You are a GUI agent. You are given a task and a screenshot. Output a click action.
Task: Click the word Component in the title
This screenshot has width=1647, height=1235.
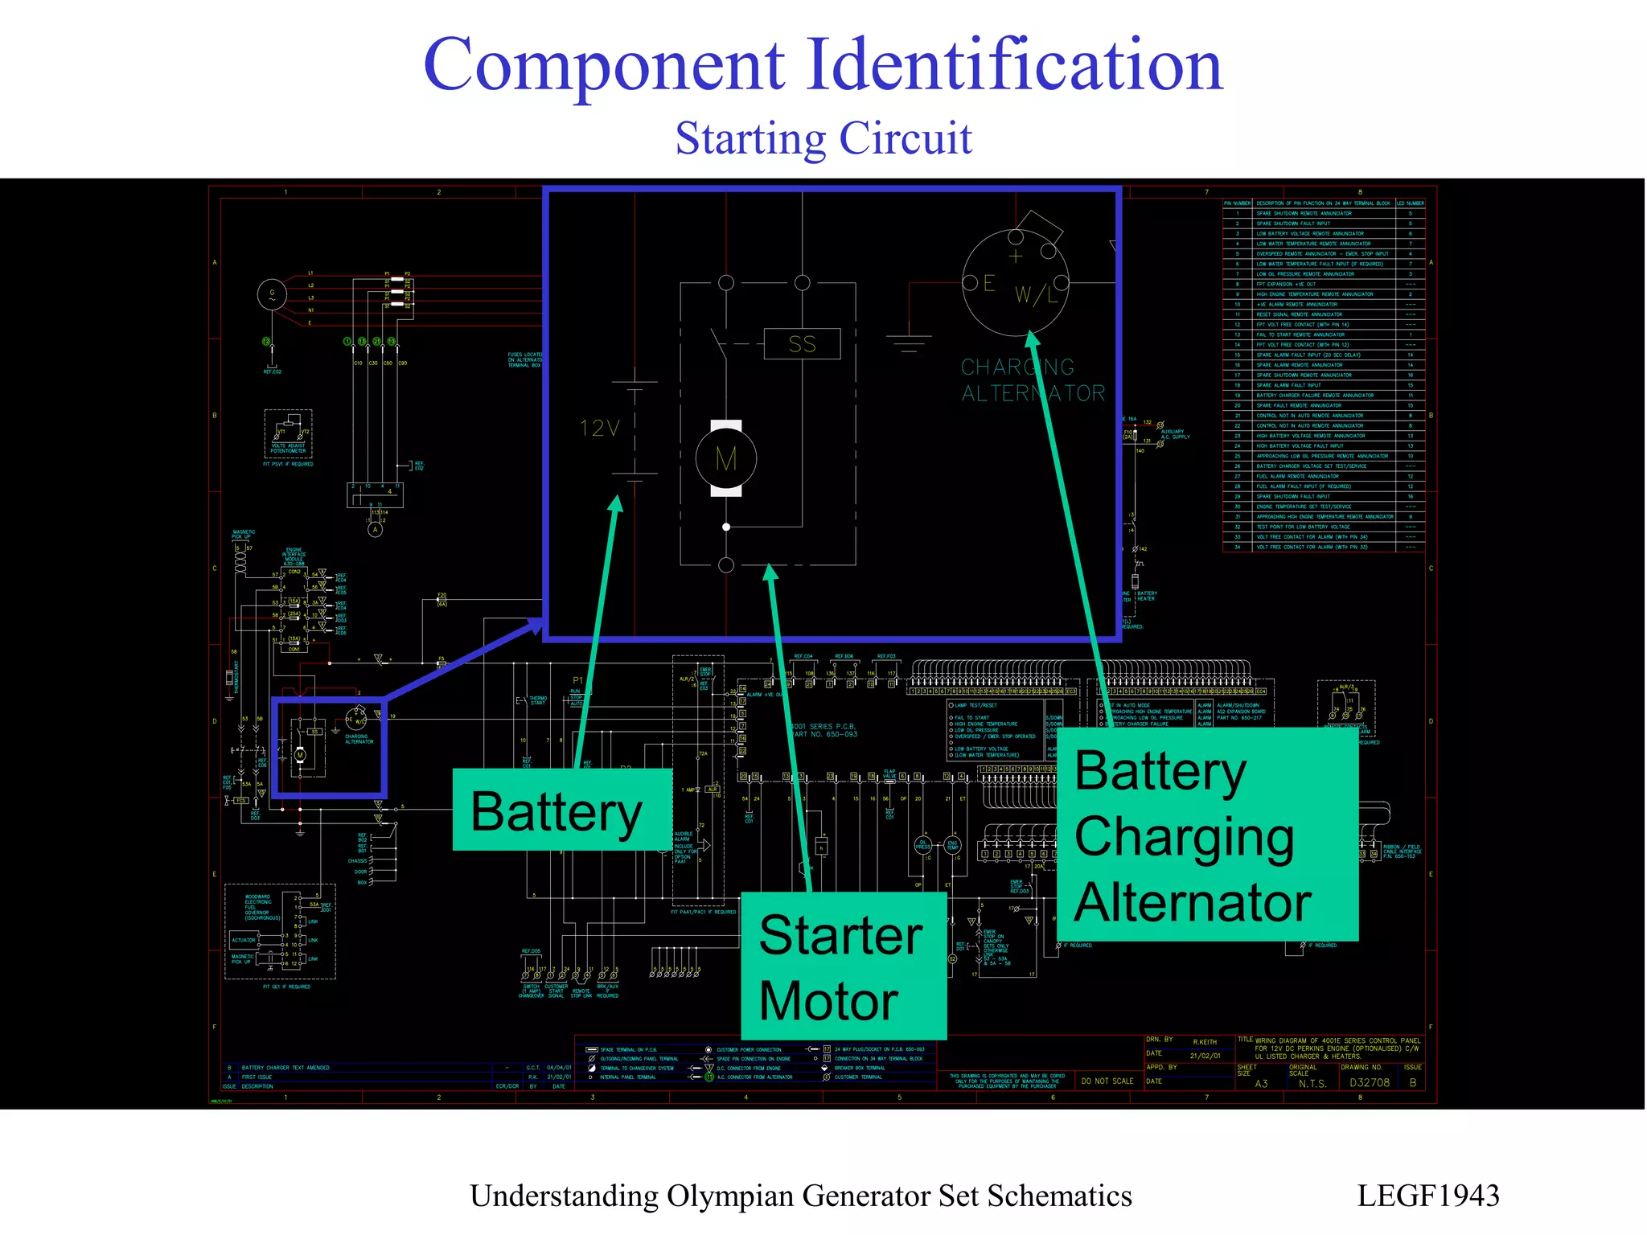pyautogui.click(x=603, y=66)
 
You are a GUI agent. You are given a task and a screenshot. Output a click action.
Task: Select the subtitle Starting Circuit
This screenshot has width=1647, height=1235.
pyautogui.click(x=823, y=138)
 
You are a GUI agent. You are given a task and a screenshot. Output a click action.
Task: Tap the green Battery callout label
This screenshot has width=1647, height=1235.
pyautogui.click(x=558, y=810)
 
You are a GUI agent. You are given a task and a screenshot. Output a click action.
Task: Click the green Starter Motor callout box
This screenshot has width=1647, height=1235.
pyautogui.click(x=842, y=966)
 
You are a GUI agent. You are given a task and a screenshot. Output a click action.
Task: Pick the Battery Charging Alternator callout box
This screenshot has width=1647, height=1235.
pyautogui.click(x=1206, y=835)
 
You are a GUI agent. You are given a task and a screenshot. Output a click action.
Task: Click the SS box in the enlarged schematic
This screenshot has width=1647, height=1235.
pyautogui.click(x=802, y=344)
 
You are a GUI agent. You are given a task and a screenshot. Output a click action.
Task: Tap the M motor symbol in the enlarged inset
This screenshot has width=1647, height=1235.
pyautogui.click(x=726, y=459)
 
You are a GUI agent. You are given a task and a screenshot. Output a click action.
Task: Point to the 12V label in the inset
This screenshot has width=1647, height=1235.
pyautogui.click(x=600, y=429)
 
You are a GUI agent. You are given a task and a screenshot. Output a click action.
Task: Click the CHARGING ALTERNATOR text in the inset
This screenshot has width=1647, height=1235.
pyautogui.click(x=1033, y=380)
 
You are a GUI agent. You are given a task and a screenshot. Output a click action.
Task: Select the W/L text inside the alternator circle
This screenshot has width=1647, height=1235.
pyautogui.click(x=1036, y=295)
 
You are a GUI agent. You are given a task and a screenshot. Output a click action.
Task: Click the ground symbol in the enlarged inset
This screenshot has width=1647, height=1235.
pyautogui.click(x=909, y=344)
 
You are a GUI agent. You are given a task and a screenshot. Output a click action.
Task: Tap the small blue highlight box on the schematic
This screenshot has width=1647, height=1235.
pyautogui.click(x=329, y=747)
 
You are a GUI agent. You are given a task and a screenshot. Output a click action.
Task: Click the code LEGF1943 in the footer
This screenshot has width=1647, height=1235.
pyautogui.click(x=1427, y=1196)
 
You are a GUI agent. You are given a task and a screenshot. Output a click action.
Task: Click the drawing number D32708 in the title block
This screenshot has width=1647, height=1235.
pyautogui.click(x=1369, y=1083)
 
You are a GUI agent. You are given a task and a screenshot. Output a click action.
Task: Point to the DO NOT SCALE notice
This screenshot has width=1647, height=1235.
pyautogui.click(x=1107, y=1081)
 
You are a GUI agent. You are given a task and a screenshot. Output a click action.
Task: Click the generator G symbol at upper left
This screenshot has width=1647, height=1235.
pyautogui.click(x=272, y=294)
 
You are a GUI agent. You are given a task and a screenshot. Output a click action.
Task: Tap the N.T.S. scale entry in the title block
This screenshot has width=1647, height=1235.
pyautogui.click(x=1312, y=1084)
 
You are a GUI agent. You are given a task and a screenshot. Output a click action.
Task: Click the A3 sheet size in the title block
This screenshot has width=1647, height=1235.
pyautogui.click(x=1261, y=1084)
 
